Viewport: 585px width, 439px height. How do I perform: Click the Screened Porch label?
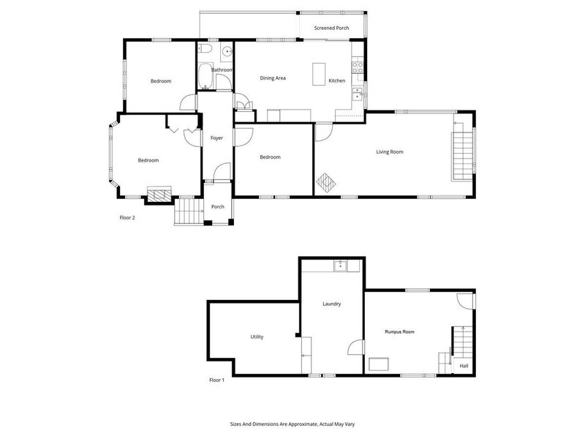pos(331,28)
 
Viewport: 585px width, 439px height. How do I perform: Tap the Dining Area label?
pos(273,78)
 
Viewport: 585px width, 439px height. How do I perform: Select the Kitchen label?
pos(337,80)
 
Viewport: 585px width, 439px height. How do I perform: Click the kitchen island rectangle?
pos(319,74)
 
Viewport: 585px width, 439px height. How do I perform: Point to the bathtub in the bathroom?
pos(205,77)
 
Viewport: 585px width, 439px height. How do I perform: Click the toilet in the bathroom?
pos(205,48)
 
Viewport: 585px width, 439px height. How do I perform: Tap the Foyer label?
pos(216,138)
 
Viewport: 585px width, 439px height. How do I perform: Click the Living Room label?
pos(390,151)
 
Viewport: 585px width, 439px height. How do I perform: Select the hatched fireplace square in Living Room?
pos(325,183)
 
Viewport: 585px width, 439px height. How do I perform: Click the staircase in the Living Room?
pos(463,156)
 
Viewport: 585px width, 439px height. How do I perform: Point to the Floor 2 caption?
pos(127,217)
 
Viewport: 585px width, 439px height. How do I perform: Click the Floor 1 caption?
pos(216,380)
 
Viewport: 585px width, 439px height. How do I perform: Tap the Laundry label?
pos(332,304)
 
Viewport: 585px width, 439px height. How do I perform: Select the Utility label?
pos(257,337)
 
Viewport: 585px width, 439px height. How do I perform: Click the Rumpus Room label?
pos(399,331)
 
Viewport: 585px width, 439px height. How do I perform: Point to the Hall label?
pos(464,366)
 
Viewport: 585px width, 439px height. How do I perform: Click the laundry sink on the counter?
pos(340,266)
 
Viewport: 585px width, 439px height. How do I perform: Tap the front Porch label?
pos(218,206)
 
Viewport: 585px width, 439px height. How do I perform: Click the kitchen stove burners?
pos(358,67)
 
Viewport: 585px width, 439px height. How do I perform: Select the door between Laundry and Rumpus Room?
pos(355,347)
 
